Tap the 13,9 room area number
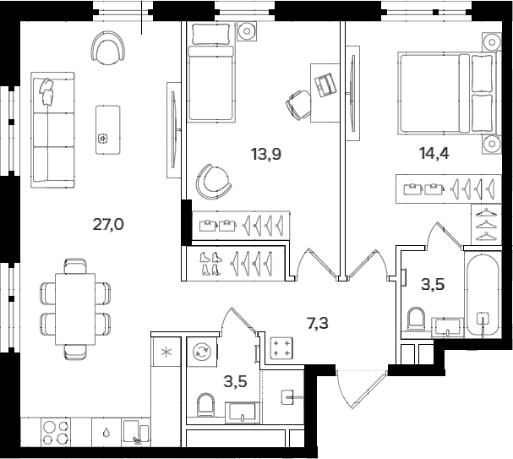(x=265, y=154)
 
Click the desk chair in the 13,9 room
(x=299, y=105)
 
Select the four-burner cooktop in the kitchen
(x=56, y=432)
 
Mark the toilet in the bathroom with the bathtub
(x=415, y=319)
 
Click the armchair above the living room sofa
(x=109, y=48)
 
